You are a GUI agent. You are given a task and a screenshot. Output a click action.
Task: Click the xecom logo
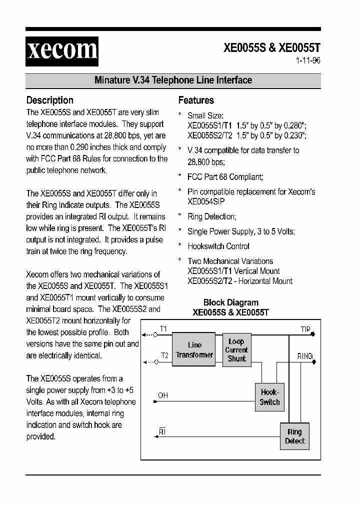(x=62, y=51)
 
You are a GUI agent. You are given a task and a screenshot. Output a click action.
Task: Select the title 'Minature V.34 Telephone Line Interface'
(x=173, y=80)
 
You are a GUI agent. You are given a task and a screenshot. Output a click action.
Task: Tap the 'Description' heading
(x=49, y=100)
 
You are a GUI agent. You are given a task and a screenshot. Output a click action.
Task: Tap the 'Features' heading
(x=196, y=100)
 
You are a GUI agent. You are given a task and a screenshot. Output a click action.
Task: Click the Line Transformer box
(x=194, y=350)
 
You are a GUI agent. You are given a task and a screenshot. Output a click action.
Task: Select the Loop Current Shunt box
(x=236, y=350)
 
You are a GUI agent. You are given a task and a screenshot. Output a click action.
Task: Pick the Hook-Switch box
(x=269, y=397)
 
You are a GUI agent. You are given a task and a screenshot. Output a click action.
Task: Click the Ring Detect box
(x=294, y=436)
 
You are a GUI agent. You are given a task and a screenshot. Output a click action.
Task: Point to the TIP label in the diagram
(x=305, y=329)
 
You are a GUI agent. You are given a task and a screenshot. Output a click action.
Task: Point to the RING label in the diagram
(x=304, y=356)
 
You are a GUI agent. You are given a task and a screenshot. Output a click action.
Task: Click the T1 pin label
(x=163, y=329)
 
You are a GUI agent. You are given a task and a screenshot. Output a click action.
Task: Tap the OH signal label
(x=163, y=395)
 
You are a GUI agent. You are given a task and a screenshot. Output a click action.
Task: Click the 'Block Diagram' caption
(x=230, y=302)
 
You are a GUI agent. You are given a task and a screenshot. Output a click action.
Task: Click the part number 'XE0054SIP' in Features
(x=206, y=201)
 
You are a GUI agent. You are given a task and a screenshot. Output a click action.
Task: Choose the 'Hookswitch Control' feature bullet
(x=218, y=246)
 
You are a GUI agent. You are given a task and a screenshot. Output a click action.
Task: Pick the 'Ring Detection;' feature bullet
(x=212, y=216)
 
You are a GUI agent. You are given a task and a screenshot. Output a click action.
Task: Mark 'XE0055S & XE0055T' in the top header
(x=271, y=48)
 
